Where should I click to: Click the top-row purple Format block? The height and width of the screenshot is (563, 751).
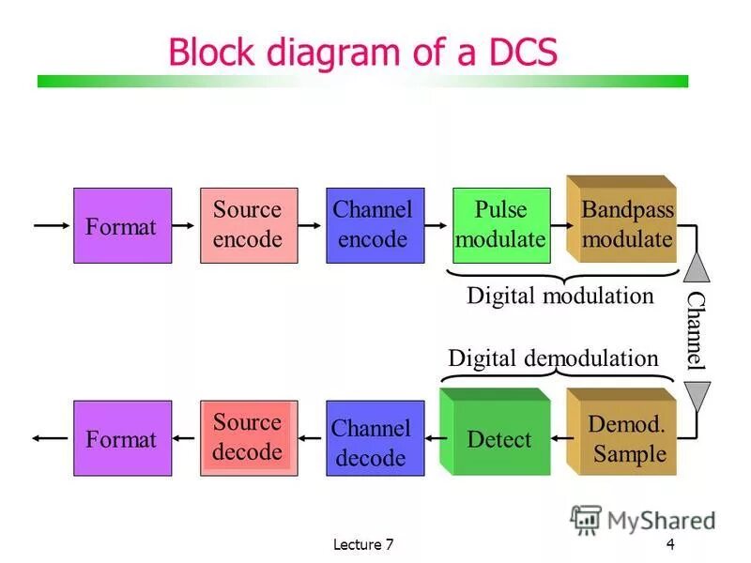point(122,225)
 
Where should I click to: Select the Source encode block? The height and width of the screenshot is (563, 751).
point(248,225)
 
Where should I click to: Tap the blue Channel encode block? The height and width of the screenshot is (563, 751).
point(373,225)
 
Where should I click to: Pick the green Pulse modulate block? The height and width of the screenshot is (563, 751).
point(498,225)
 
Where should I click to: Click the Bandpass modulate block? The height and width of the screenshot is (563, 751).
point(621,223)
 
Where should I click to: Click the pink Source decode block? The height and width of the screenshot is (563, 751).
point(248,437)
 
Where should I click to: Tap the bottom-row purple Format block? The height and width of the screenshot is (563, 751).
point(122,438)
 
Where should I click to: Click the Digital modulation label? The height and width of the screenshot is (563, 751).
point(559,296)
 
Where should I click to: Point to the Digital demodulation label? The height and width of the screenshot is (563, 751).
point(553,358)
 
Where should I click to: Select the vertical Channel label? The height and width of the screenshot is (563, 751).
point(696,329)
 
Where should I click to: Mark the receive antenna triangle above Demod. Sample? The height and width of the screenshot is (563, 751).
point(696,396)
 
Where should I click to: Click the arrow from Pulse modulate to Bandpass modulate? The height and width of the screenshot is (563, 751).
point(558,225)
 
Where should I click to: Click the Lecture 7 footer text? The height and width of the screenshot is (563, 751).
point(362,545)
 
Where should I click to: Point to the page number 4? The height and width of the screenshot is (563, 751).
point(670,545)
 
